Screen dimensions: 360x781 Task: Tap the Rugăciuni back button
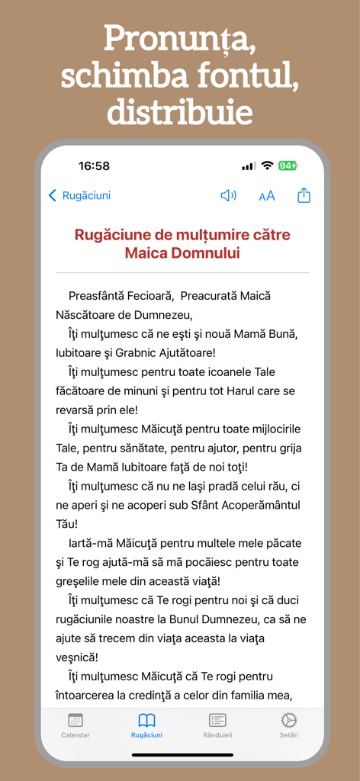tap(79, 195)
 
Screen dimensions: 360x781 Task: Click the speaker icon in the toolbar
tap(228, 195)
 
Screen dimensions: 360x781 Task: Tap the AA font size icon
tap(266, 196)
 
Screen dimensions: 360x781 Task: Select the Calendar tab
tap(76, 725)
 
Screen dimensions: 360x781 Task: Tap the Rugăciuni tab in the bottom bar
tap(146, 725)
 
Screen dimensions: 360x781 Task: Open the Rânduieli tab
tap(217, 725)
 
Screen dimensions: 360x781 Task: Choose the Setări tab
tap(288, 725)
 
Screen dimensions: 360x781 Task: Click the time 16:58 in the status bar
tap(94, 166)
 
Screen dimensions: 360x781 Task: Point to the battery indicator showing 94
tap(288, 166)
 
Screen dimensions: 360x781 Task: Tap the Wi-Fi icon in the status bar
tap(267, 166)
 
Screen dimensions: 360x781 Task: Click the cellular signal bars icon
tap(249, 166)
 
